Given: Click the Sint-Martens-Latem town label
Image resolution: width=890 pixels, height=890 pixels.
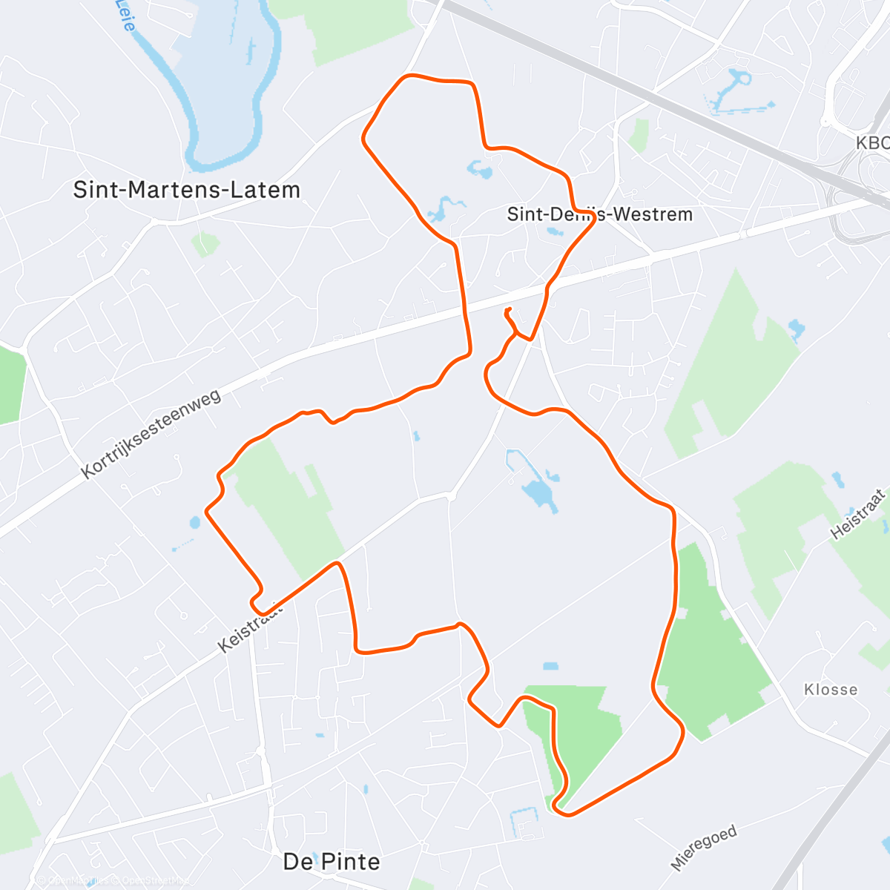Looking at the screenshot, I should pyautogui.click(x=186, y=190).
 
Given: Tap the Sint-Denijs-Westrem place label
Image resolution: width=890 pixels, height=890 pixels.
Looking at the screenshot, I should pyautogui.click(x=599, y=214).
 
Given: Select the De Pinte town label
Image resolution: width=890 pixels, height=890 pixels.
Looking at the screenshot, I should pyautogui.click(x=332, y=862).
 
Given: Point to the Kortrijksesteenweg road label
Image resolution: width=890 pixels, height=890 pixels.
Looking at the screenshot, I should pyautogui.click(x=151, y=434).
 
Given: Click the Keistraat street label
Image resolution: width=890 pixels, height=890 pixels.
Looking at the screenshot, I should pyautogui.click(x=251, y=627).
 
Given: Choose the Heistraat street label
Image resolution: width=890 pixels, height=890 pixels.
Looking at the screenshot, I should pyautogui.click(x=858, y=514).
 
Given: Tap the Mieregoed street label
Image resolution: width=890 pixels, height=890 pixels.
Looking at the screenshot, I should pyautogui.click(x=704, y=847).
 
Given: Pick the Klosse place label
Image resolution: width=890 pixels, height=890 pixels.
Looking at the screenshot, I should pyautogui.click(x=831, y=690).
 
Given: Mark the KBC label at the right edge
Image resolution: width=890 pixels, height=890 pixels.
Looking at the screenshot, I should pyautogui.click(x=872, y=143).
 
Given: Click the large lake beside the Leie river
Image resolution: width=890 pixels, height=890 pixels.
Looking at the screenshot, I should pyautogui.click(x=222, y=67).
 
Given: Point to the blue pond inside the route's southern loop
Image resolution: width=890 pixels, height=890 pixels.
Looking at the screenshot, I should pyautogui.click(x=539, y=490).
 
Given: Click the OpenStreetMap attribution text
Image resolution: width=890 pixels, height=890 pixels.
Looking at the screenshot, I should pyautogui.click(x=111, y=880).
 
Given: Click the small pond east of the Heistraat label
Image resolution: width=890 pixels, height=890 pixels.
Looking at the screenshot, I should pyautogui.click(x=838, y=479).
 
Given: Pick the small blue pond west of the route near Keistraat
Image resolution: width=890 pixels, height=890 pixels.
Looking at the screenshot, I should pyautogui.click(x=195, y=522).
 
